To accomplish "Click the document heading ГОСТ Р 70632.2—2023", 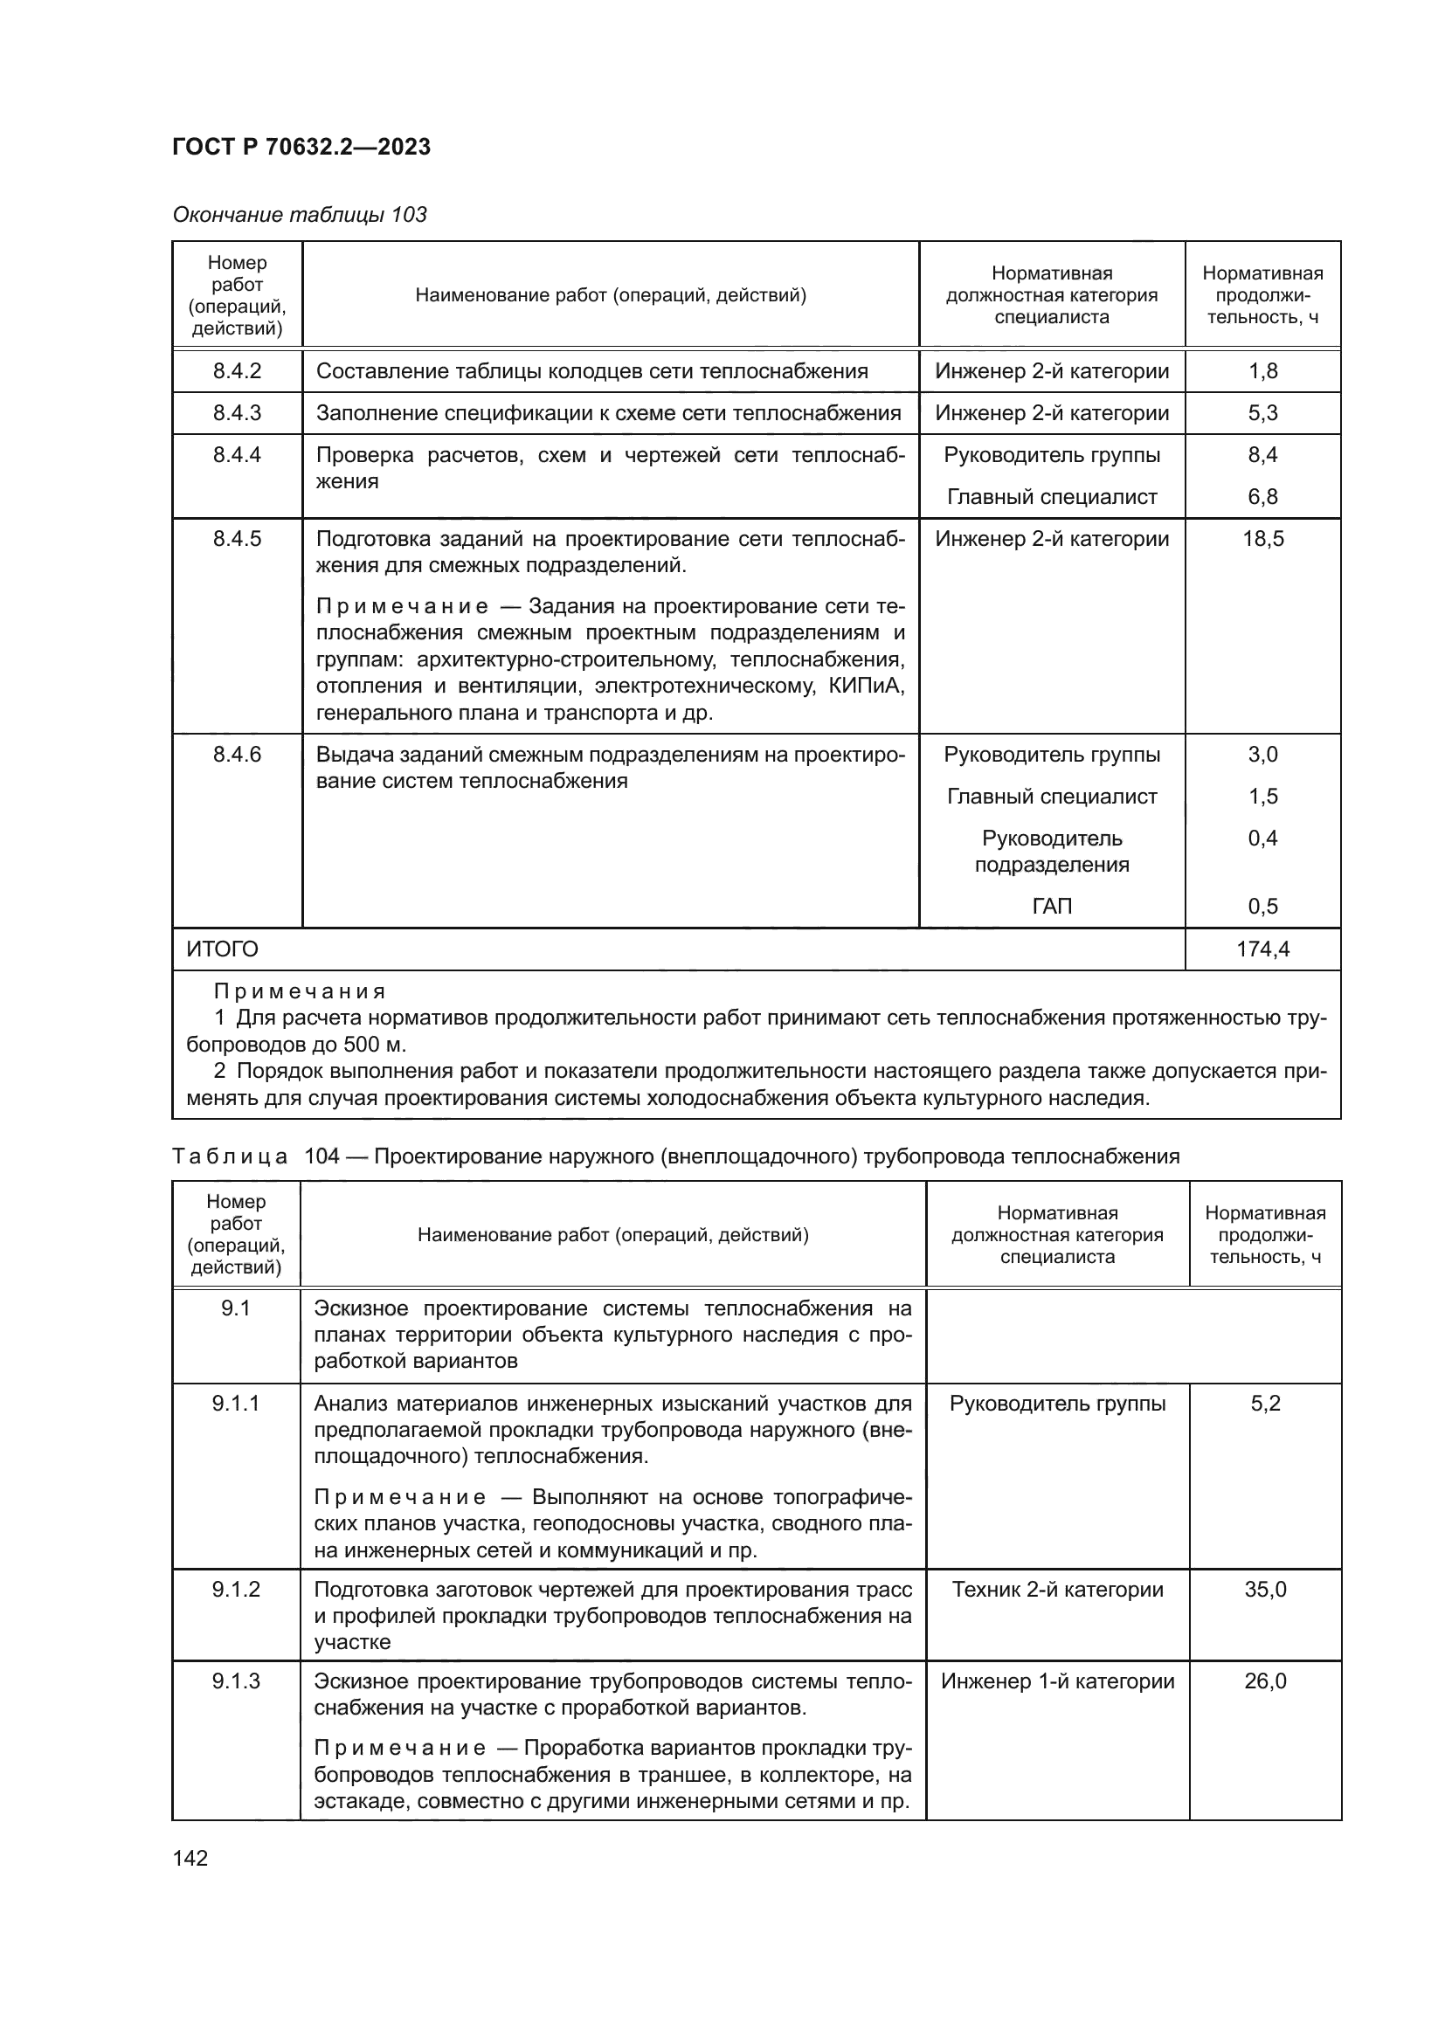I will (301, 147).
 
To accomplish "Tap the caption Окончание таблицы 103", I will (299, 215).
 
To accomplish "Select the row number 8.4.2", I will (237, 371).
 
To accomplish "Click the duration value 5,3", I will (1262, 413).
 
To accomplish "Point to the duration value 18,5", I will (1262, 538).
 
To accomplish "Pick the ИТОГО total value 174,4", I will (1262, 949).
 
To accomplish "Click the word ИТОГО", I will (223, 949).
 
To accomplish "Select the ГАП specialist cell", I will (1052, 906).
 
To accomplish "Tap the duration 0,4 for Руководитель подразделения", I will (1262, 839).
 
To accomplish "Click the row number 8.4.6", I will (237, 755).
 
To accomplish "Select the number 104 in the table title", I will (322, 1156).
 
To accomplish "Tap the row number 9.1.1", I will (236, 1404).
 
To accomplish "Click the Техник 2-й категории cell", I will (1057, 1589).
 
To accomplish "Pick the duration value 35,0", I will (1265, 1589).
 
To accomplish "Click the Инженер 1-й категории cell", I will (1057, 1681).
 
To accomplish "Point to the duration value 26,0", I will (1265, 1681).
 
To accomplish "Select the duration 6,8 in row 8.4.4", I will (1262, 496).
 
